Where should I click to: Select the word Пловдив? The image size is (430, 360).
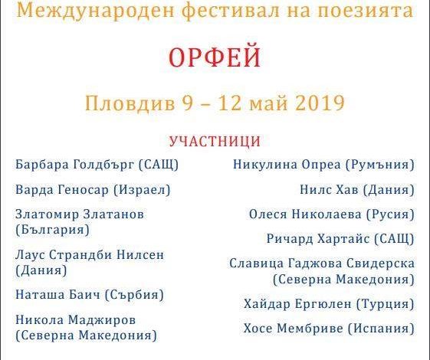click(x=130, y=103)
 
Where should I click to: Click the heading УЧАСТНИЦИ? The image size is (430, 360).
click(x=215, y=141)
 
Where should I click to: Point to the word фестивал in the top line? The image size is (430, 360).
click(x=231, y=10)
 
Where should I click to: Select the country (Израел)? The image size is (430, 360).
click(x=142, y=190)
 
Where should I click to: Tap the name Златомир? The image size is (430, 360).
click(x=47, y=214)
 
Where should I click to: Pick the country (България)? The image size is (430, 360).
click(x=52, y=230)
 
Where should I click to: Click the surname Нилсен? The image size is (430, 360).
click(x=140, y=255)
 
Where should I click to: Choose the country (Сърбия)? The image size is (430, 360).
click(x=134, y=295)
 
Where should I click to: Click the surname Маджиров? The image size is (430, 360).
click(x=102, y=319)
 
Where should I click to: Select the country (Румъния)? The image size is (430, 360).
click(x=380, y=165)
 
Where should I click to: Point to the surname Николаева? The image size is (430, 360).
click(x=327, y=214)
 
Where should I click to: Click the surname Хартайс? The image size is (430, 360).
click(x=343, y=239)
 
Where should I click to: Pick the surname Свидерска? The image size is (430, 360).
click(x=381, y=263)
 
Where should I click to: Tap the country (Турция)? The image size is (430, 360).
click(x=385, y=304)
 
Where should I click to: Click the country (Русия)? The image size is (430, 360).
click(x=390, y=214)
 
